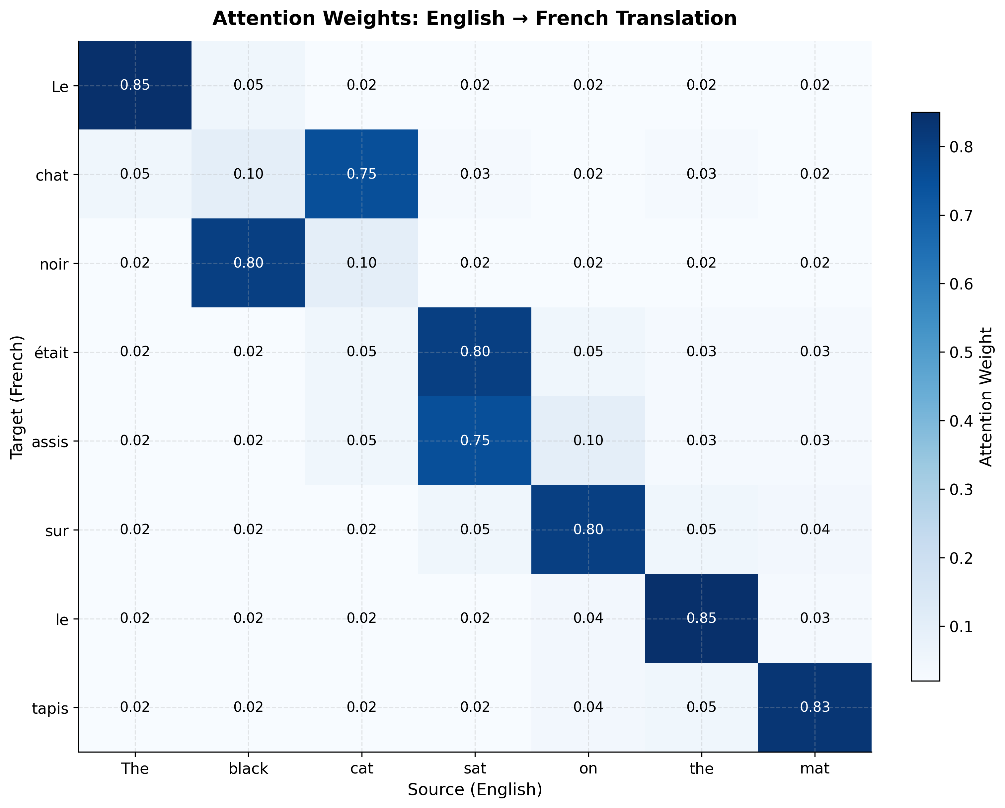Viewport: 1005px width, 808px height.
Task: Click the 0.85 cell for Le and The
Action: (x=135, y=85)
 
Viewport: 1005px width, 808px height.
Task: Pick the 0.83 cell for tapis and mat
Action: (x=814, y=707)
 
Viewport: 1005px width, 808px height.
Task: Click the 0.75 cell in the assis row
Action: (x=475, y=441)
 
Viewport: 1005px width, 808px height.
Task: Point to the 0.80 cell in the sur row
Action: (x=588, y=530)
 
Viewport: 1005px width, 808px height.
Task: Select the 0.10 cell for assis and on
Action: (x=588, y=441)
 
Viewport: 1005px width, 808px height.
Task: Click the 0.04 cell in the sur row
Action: (x=814, y=530)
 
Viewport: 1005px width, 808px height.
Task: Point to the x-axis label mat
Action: (x=814, y=769)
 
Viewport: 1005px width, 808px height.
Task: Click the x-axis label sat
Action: (x=475, y=769)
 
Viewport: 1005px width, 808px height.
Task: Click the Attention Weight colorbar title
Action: (x=986, y=397)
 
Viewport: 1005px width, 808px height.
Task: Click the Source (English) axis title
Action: (x=475, y=790)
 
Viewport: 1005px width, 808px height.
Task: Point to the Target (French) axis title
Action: (x=17, y=397)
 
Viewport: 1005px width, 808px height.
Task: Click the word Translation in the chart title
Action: (x=636, y=19)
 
